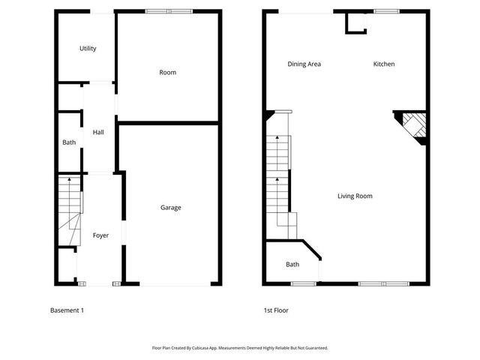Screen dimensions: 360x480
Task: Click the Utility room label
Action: point(88,49)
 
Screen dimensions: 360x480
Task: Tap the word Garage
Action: point(171,208)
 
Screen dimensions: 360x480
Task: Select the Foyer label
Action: point(100,235)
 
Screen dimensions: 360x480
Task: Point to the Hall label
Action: point(98,133)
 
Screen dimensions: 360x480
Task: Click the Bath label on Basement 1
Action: point(69,142)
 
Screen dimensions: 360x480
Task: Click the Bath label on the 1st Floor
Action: point(292,264)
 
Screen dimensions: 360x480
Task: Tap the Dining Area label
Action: point(304,64)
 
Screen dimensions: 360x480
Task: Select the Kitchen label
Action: point(384,64)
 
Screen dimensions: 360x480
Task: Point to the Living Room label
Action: point(355,196)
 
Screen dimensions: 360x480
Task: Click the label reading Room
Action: point(167,73)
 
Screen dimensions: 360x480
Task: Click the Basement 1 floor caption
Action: point(67,310)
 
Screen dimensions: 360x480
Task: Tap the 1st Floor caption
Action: point(275,310)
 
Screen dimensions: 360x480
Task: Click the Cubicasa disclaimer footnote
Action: point(240,348)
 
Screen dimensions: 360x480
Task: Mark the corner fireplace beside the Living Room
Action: point(413,127)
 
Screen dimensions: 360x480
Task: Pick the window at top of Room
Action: point(169,11)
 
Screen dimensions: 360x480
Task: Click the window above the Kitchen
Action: point(386,11)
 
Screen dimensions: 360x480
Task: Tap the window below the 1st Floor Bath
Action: point(303,283)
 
